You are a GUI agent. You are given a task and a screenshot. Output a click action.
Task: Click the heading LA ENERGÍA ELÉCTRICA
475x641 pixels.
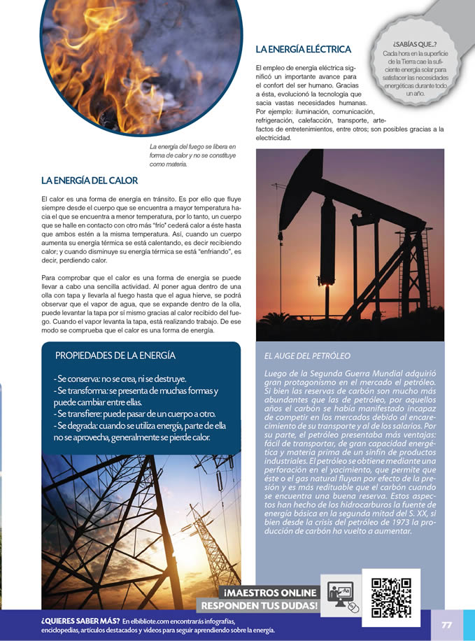click(x=303, y=50)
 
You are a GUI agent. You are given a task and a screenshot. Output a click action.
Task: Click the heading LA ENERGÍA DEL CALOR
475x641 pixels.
click(x=90, y=181)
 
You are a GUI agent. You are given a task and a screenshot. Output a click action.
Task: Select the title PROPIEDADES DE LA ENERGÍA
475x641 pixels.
click(x=115, y=355)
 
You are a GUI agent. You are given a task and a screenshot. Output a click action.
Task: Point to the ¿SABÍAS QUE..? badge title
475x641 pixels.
click(x=415, y=45)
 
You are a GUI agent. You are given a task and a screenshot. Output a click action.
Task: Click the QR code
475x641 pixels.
click(x=391, y=597)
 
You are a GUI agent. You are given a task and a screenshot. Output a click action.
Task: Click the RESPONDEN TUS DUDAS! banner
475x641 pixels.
click(x=259, y=605)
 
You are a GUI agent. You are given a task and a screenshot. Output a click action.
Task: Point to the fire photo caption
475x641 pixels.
click(x=193, y=155)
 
